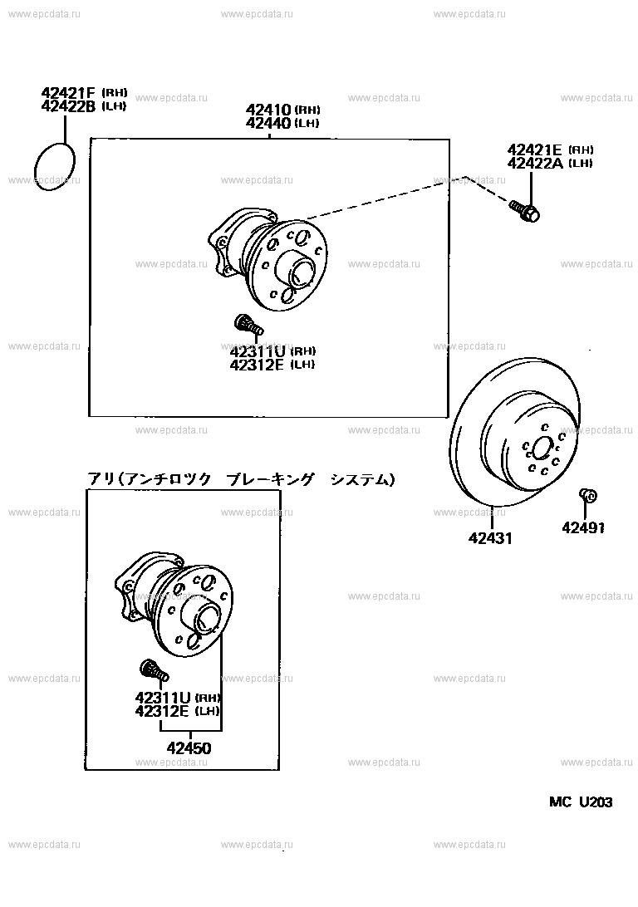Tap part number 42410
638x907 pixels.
point(269,110)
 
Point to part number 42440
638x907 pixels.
point(269,123)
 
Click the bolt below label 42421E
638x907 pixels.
point(525,211)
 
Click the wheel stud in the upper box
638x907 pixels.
point(248,324)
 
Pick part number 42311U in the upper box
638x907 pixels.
point(258,351)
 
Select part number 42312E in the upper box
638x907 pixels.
point(258,365)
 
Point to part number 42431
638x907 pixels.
point(490,538)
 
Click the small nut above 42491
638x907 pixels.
point(588,496)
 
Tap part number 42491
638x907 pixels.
point(583,527)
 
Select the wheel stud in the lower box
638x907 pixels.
point(154,672)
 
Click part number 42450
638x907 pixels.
point(189,748)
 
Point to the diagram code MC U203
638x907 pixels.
point(581,802)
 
